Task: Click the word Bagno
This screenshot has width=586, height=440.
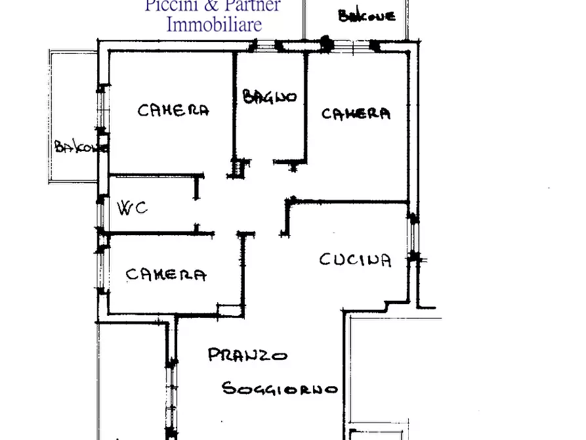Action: click(270, 97)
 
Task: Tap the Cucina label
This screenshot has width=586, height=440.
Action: click(355, 259)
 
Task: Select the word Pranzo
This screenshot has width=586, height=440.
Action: click(247, 355)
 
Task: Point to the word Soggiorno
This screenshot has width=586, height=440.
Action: click(280, 388)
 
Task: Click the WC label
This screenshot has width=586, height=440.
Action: click(132, 208)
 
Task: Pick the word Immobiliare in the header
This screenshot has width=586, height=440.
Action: click(214, 25)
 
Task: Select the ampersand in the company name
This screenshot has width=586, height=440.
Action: click(211, 5)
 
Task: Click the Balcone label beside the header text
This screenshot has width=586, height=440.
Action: click(367, 16)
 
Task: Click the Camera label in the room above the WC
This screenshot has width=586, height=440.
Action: click(173, 110)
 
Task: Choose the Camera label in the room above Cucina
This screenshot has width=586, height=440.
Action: click(356, 114)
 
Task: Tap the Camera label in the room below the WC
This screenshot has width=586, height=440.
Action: click(166, 275)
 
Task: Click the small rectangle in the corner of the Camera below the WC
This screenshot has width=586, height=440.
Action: click(230, 311)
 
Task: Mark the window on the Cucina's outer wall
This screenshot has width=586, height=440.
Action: click(413, 238)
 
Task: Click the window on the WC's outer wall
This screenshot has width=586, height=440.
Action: click(100, 215)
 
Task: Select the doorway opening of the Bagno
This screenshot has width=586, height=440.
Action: click(262, 162)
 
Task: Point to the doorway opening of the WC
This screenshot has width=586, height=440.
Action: click(197, 211)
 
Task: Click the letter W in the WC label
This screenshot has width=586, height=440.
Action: click(125, 208)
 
